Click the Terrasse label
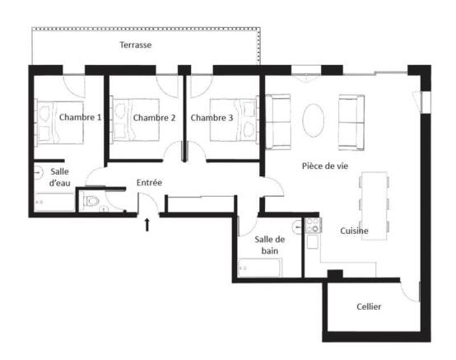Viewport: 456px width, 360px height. point(135,44)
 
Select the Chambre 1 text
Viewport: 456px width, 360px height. point(80,118)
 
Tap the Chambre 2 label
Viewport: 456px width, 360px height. point(154,118)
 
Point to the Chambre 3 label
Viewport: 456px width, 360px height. point(212,118)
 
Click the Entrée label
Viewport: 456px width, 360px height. point(148,182)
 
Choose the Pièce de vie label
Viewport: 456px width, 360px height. point(324,166)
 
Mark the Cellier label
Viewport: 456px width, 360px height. point(369,306)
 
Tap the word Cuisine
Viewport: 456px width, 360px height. point(354,231)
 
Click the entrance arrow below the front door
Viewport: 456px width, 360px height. point(147,223)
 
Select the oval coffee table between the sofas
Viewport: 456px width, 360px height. point(314,119)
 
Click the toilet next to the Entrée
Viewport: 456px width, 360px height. point(91,201)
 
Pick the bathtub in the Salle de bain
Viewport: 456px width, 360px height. point(259,268)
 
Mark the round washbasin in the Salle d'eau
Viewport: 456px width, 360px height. point(39,172)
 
